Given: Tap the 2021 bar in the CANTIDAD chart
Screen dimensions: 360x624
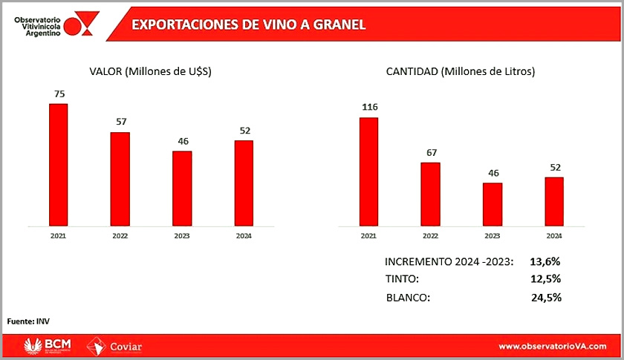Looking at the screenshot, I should point(368,171).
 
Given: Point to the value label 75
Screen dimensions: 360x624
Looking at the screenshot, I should point(58,94).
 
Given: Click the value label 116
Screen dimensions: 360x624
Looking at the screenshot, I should point(369,108).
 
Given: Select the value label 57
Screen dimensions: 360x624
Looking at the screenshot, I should point(120,122).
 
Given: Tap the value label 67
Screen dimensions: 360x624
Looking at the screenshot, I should point(431,153).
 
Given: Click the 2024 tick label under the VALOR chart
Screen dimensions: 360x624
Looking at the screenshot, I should point(244,236).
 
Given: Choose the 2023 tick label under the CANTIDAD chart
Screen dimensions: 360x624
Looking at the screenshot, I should point(492,236).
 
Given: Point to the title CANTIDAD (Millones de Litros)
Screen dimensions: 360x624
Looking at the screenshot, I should point(461,71).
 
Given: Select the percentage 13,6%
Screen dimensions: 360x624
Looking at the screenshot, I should point(545,261).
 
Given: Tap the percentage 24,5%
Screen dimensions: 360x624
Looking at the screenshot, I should point(545,298).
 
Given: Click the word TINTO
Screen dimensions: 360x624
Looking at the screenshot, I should point(402,279).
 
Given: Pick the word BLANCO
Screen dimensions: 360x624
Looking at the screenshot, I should point(408,298).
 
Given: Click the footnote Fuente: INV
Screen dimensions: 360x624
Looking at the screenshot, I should point(28,321).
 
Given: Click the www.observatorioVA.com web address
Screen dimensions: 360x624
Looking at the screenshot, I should point(553,347).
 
